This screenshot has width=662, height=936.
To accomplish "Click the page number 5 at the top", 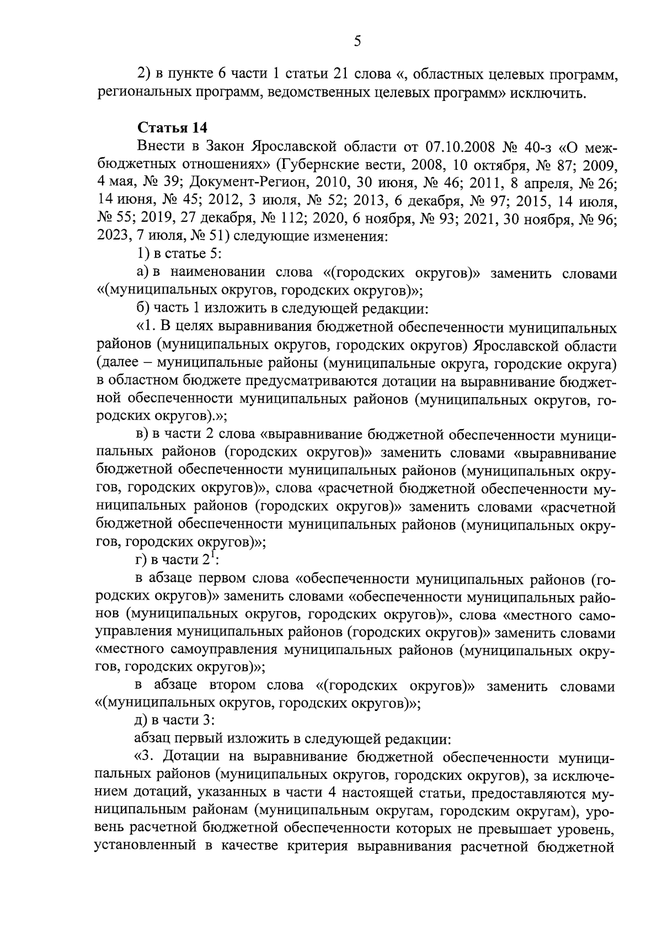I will (x=357, y=41).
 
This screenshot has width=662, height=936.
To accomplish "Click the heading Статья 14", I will (x=172, y=128).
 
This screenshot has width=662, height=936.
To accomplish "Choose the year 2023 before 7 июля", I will (x=114, y=237).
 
